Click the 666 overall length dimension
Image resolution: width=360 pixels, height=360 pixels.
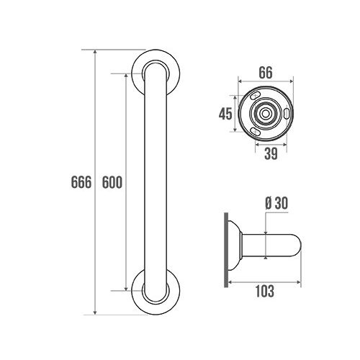click(x=81, y=182)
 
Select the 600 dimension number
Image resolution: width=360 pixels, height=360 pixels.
click(x=112, y=182)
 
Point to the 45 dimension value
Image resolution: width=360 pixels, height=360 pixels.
click(x=225, y=114)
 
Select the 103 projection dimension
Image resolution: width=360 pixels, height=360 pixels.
click(x=266, y=292)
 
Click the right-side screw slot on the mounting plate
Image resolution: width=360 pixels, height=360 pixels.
click(x=287, y=114)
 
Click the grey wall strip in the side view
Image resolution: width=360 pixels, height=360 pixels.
click(x=227, y=248)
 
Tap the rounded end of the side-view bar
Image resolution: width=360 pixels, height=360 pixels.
click(x=297, y=246)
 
